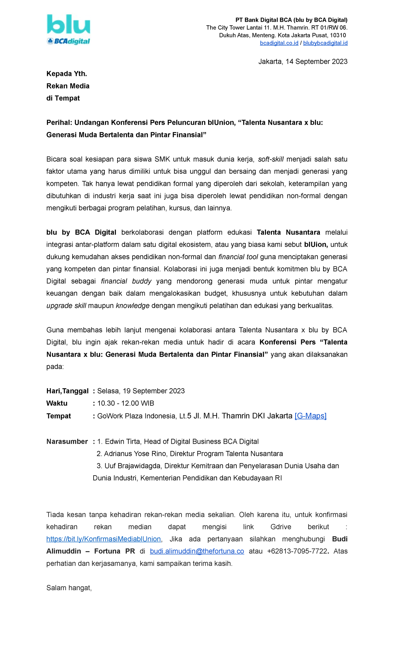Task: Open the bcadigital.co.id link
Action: pos(279,43)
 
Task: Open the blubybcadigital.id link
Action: pos(325,43)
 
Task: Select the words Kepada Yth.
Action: pos(67,74)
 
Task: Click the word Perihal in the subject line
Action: pos(59,123)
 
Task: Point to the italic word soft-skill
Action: pos(271,159)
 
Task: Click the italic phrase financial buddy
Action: pos(126,281)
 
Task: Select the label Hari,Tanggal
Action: pos(67,391)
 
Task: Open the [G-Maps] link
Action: pos(310,416)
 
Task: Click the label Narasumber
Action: pos(67,442)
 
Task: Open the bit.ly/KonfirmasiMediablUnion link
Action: pos(103,539)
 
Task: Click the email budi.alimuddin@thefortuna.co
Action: pos(197,551)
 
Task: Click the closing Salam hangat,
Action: pos(69,588)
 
